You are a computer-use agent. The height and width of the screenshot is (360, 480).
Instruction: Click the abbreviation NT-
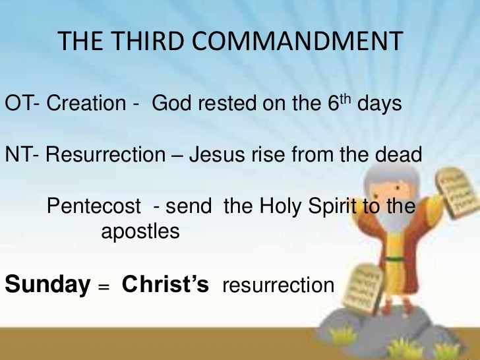(22, 156)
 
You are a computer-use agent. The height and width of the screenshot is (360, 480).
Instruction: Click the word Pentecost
(94, 207)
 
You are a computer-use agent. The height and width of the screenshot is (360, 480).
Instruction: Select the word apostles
(140, 232)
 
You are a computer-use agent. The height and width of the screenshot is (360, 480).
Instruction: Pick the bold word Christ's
(165, 285)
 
